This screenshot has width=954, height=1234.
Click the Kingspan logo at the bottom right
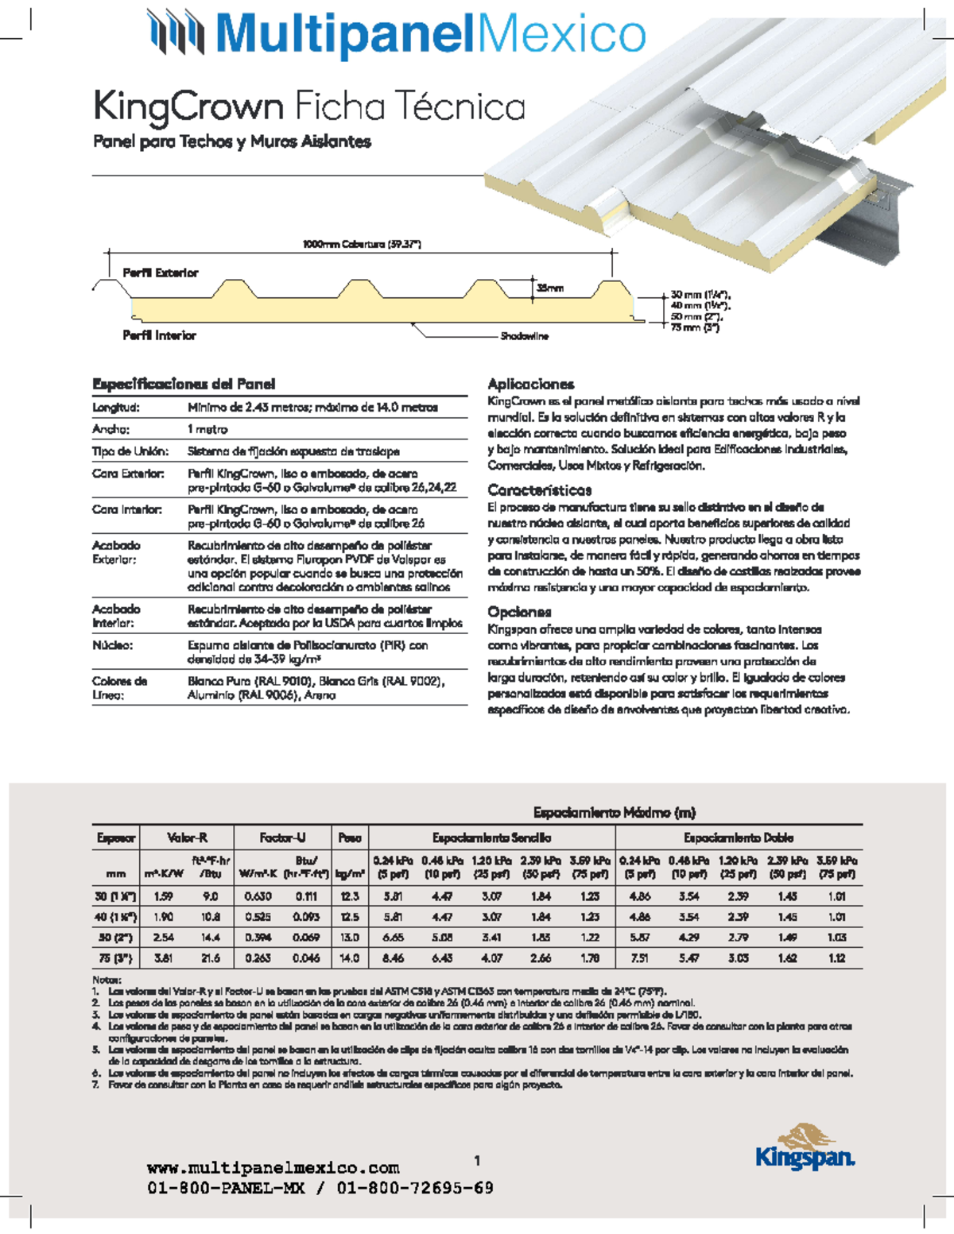coord(805,1147)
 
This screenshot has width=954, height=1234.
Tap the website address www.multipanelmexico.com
coord(273,1168)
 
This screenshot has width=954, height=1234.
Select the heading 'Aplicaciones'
coord(530,384)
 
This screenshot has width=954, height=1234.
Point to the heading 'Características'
coord(539,489)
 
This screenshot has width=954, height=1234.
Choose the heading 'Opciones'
coord(519,612)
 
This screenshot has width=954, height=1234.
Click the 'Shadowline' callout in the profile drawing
coord(524,336)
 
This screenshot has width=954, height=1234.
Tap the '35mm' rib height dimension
coord(550,288)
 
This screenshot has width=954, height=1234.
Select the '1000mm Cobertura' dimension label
coord(362,244)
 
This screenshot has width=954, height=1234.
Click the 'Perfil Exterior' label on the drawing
coord(160,273)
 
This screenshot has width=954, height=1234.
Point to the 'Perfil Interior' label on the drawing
coord(159,335)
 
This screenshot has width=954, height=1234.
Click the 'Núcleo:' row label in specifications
coord(112,645)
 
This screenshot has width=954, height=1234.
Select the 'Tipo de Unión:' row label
coord(130,451)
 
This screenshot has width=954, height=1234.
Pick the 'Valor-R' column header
coord(187,837)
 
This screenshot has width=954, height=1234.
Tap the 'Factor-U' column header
coord(282,837)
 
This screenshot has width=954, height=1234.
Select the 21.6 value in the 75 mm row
coord(211,958)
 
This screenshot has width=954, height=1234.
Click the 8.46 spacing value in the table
coord(393,958)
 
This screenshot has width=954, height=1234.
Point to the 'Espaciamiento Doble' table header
coord(738,837)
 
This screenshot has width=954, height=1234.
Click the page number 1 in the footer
coord(477,1161)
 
